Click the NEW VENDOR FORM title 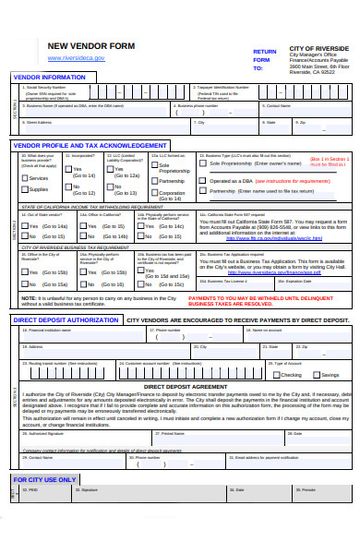click(90, 46)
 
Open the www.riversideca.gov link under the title click(77, 57)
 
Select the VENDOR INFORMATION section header click(49, 77)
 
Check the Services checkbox click(24, 177)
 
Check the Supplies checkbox click(24, 188)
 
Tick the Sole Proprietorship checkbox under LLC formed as click(154, 167)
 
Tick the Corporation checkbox click(154, 193)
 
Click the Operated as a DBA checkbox click(205, 181)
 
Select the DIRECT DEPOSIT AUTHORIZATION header click(66, 319)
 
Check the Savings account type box click(315, 375)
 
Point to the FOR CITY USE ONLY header click(44, 480)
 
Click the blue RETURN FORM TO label click(264, 59)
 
